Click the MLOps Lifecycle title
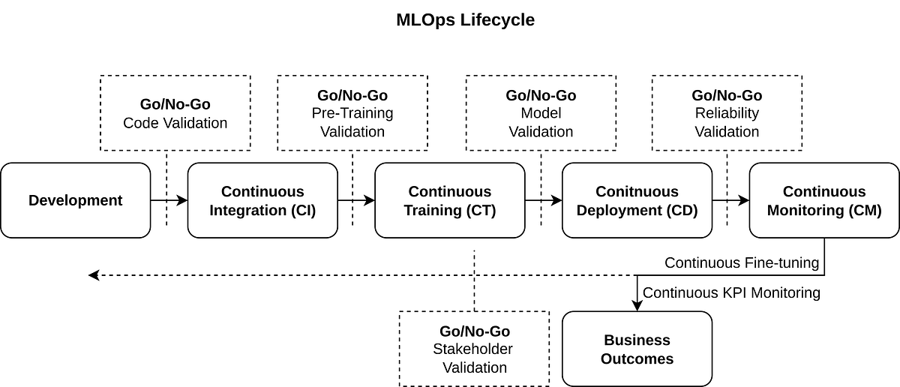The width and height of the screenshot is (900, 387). click(x=465, y=20)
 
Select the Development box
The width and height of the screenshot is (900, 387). click(x=75, y=200)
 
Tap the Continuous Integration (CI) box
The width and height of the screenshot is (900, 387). click(x=262, y=200)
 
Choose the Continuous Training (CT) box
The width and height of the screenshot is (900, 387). click(x=450, y=200)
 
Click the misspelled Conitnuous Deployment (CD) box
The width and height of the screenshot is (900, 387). click(x=637, y=200)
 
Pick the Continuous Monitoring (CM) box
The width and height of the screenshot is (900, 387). click(x=823, y=200)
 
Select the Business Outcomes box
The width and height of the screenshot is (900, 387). click(x=637, y=349)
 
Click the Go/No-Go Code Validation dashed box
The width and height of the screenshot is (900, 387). click(x=175, y=112)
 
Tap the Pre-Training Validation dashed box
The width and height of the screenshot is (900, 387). click(x=352, y=112)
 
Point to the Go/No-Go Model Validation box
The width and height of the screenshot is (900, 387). click(x=541, y=112)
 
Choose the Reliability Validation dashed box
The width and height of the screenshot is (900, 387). click(x=727, y=112)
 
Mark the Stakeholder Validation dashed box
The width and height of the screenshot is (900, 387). click(x=475, y=349)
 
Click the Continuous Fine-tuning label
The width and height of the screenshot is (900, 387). click(x=741, y=263)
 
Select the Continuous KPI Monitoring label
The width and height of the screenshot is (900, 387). click(x=731, y=292)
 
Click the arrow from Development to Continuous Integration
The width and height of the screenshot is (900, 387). click(x=169, y=200)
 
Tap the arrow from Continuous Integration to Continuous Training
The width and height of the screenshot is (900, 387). click(x=356, y=200)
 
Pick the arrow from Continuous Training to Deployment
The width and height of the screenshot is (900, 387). click(x=543, y=200)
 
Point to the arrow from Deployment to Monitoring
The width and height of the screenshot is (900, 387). click(x=730, y=200)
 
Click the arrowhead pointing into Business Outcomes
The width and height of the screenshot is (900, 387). click(x=637, y=305)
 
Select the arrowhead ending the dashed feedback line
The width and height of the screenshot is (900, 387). click(x=94, y=275)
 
